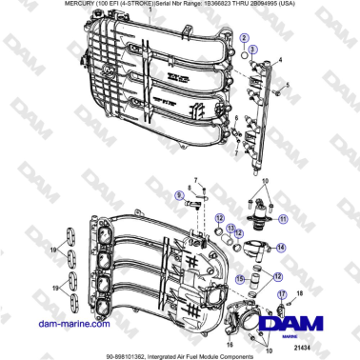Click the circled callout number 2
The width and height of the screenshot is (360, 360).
point(244,35)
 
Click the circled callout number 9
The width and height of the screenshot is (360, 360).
point(179,194)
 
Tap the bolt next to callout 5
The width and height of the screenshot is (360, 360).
point(283,93)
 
